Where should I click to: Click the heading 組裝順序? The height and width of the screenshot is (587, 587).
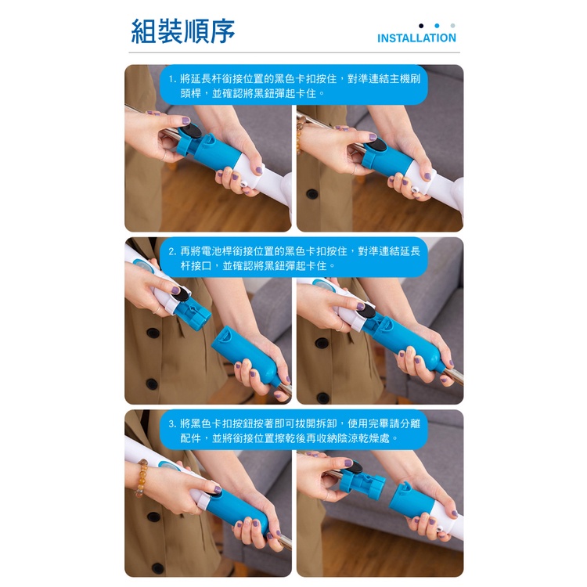[x=182, y=31]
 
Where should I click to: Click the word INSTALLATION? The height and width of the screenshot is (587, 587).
[x=416, y=38]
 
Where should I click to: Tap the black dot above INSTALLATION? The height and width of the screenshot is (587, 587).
[x=421, y=26]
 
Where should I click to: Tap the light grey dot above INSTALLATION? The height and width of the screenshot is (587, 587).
[x=452, y=26]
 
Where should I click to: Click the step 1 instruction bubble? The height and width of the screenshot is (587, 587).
[x=293, y=85]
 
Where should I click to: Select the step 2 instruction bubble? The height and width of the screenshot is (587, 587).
[x=293, y=257]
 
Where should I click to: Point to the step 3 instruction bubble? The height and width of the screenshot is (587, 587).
[x=293, y=430]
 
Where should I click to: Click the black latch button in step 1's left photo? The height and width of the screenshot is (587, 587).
[x=191, y=131]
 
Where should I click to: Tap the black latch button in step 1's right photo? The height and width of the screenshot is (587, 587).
[x=376, y=144]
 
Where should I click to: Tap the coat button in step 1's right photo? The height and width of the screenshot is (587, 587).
[x=312, y=194]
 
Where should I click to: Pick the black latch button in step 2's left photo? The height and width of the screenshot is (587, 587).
[x=182, y=294]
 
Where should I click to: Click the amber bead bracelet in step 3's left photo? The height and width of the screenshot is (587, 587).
[x=142, y=477]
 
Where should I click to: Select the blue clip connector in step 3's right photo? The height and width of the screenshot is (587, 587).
[x=362, y=483]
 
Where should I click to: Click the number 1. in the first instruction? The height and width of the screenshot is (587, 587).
[x=172, y=79]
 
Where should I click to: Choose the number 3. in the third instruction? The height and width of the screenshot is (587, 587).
[x=172, y=423]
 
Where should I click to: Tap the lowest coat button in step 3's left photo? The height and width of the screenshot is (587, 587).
[x=157, y=568]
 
